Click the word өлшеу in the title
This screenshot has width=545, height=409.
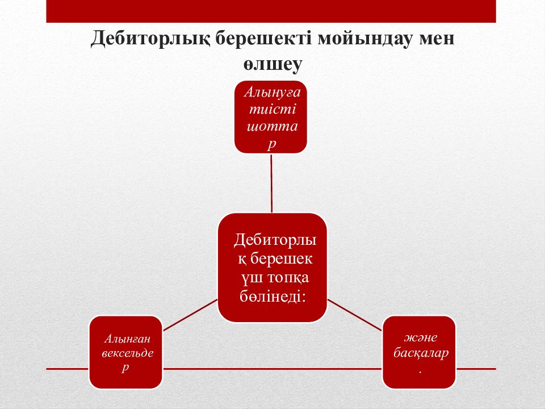click(x=272, y=65)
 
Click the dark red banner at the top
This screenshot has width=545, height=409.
click(x=271, y=11)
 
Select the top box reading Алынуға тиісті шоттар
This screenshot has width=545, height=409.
click(x=271, y=117)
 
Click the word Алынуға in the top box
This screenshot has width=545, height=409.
click(x=272, y=93)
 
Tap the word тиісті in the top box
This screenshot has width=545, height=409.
click(x=272, y=109)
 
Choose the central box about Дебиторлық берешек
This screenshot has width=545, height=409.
click(x=272, y=268)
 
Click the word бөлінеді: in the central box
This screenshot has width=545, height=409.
click(x=272, y=297)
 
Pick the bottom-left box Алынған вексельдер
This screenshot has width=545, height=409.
click(x=126, y=352)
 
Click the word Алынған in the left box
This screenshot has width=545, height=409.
click(x=127, y=339)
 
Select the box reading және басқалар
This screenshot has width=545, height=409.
click(x=419, y=352)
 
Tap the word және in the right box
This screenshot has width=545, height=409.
click(x=421, y=337)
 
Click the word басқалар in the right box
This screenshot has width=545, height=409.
click(x=421, y=353)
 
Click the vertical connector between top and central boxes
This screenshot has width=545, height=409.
click(x=271, y=183)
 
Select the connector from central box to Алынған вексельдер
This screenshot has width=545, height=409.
click(x=190, y=315)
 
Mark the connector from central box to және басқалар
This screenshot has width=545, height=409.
click(x=354, y=315)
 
